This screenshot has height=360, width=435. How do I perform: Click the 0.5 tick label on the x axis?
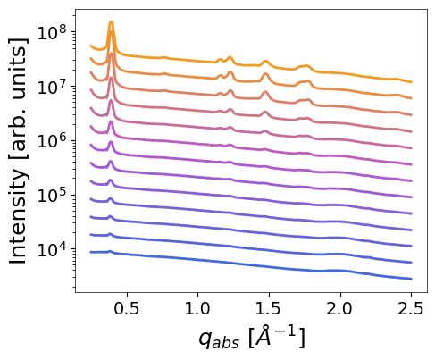[x=127, y=308]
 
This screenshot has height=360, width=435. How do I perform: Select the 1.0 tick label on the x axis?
[x=197, y=308]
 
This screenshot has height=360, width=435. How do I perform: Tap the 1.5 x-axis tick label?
[x=269, y=308]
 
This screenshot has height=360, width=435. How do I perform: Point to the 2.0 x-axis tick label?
[x=339, y=308]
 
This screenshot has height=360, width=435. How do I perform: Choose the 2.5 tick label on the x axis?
[x=411, y=308]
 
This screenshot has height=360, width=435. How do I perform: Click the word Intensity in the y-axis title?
[x=18, y=216]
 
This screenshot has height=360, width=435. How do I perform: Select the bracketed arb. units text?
[x=19, y=100]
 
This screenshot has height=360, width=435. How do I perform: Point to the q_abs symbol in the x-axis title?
[x=219, y=340]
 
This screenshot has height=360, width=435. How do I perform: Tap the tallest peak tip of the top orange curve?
[x=112, y=21]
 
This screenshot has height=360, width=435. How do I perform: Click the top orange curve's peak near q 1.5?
[x=265, y=62]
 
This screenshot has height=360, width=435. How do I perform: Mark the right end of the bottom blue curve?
[x=411, y=279]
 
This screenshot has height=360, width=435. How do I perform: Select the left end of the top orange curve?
[x=90, y=46]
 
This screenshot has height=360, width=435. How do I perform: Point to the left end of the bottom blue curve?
[x=90, y=252]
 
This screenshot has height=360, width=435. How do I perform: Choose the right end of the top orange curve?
[x=411, y=82]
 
